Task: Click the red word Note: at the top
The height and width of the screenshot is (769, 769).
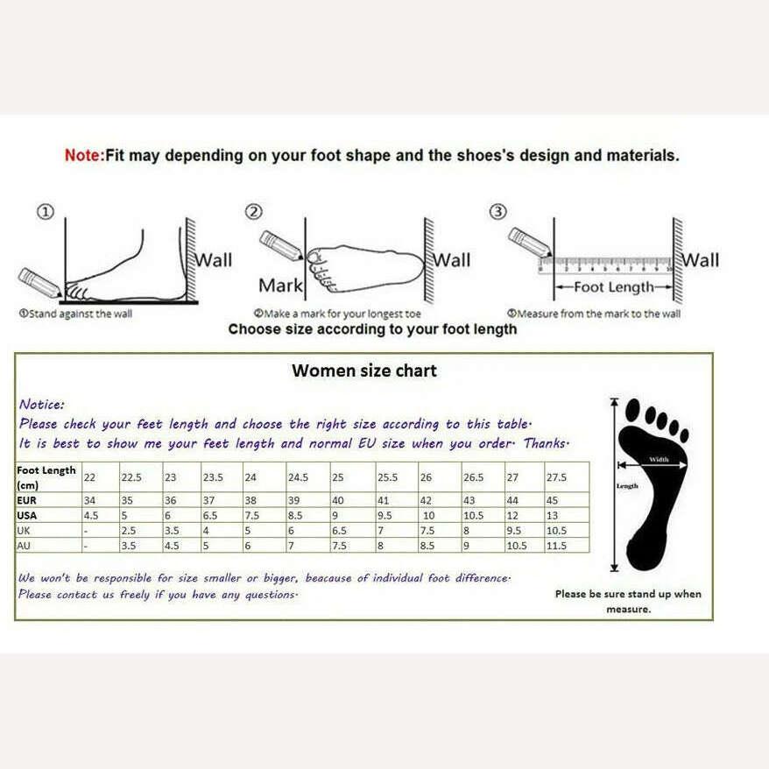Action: [x=84, y=156]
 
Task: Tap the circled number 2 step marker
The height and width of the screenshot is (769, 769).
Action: [x=253, y=212]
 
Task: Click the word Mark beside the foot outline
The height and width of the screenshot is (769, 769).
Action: [x=280, y=285]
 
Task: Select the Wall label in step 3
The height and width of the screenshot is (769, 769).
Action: [x=701, y=259]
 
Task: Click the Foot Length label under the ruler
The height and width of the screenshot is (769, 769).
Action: [x=614, y=286]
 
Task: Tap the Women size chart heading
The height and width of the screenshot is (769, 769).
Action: [x=363, y=370]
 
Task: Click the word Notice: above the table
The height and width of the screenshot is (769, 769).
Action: [x=41, y=405]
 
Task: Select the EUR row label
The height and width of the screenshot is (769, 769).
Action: [x=27, y=500]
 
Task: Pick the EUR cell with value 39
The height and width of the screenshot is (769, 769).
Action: [x=294, y=500]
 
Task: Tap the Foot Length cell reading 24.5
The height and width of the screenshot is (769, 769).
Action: [x=299, y=477]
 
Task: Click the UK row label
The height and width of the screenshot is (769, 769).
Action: [x=25, y=531]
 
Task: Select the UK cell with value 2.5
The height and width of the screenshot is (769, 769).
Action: [x=127, y=531]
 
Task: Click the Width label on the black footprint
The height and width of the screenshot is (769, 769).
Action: [x=658, y=459]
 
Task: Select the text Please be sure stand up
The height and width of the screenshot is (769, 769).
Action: [x=627, y=594]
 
